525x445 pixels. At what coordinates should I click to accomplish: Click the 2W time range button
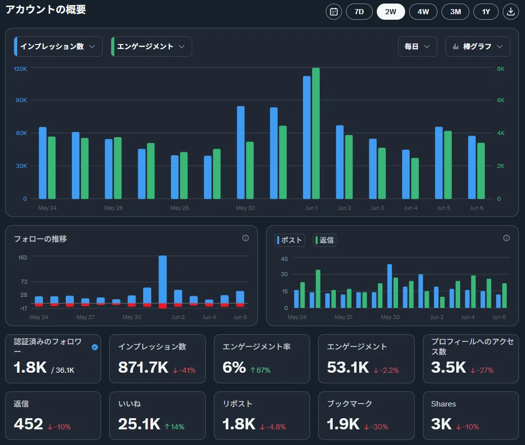tap(390, 12)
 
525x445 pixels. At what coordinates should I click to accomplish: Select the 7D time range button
tap(359, 12)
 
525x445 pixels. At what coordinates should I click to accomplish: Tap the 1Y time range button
tap(486, 12)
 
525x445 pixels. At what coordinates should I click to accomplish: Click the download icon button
tap(511, 12)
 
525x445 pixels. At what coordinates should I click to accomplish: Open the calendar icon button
tap(334, 12)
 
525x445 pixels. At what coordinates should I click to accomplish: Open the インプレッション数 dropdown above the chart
tap(58, 47)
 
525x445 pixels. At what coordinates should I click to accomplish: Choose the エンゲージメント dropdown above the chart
tap(151, 47)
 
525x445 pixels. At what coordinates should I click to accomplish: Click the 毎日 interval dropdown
tap(418, 47)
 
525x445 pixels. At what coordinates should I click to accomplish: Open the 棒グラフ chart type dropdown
tap(478, 47)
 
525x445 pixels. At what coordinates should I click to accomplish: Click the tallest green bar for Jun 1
tap(316, 133)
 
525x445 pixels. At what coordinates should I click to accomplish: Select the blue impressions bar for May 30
tap(241, 152)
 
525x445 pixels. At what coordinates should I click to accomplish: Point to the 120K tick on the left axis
tap(20, 69)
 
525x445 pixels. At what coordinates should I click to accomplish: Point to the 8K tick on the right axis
tap(501, 69)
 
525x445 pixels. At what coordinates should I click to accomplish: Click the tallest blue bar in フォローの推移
tap(163, 279)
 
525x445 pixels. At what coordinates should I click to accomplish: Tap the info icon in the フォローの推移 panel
tap(245, 238)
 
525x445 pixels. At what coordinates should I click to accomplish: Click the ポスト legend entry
tap(290, 240)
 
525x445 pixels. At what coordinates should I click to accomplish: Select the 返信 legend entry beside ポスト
tap(325, 240)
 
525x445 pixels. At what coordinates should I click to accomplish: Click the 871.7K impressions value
tap(143, 367)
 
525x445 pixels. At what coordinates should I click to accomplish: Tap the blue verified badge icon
tap(95, 347)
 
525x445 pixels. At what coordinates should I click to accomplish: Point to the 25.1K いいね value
tap(139, 424)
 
